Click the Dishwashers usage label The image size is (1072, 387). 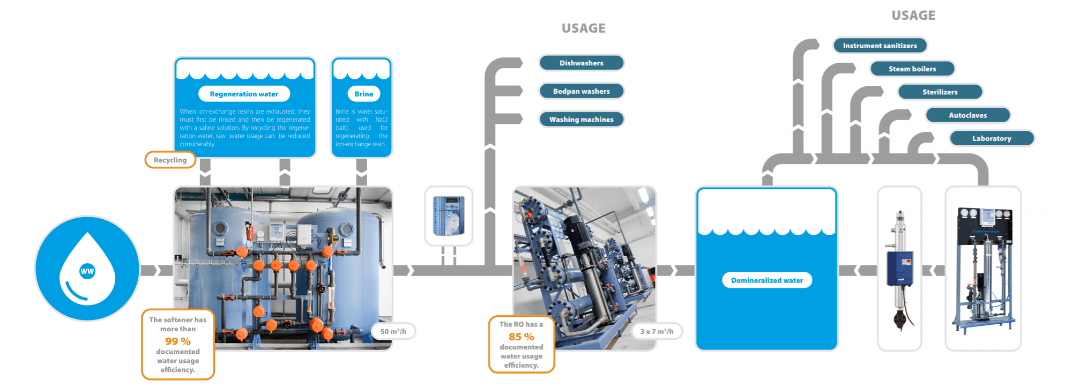coord(581,63)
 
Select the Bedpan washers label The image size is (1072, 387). coord(581,91)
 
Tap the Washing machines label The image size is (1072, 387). coord(581,120)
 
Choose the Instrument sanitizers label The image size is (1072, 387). coord(880,46)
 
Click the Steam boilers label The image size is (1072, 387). coord(912,69)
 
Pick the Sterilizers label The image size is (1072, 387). coord(940,92)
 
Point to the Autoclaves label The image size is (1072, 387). coord(967,115)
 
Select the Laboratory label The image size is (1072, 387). coord(992,138)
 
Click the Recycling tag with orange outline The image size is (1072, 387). coord(170,160)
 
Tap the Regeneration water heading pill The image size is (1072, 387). coord(244,94)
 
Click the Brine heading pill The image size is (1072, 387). coord(363,94)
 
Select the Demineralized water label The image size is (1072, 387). coord(766,280)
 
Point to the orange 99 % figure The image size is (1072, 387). coord(178,341)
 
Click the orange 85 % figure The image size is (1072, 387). coord(521,337)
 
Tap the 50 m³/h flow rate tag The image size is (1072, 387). coord(393,331)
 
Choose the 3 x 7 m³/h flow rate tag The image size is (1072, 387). coord(657,331)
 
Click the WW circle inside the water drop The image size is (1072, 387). coord(87,271)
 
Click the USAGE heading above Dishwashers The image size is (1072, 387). coord(584,28)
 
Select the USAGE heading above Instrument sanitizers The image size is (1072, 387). coord(913,15)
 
